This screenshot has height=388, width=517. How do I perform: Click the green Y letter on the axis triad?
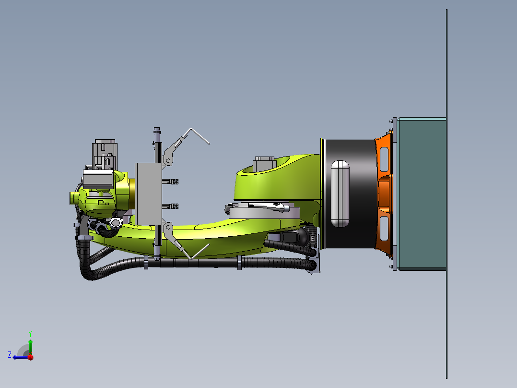pos(30,334)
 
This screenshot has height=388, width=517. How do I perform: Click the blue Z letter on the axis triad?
pos(10,355)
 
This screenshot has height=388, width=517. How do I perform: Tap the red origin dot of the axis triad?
pos(30,357)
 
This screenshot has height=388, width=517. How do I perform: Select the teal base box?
pos(422,194)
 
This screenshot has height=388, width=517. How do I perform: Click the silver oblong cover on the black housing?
pos(340,194)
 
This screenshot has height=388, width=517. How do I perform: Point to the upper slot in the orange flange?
pos(384,159)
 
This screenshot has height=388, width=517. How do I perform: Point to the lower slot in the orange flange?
pos(384,229)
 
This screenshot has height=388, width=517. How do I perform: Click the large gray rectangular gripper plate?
pos(148,194)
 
